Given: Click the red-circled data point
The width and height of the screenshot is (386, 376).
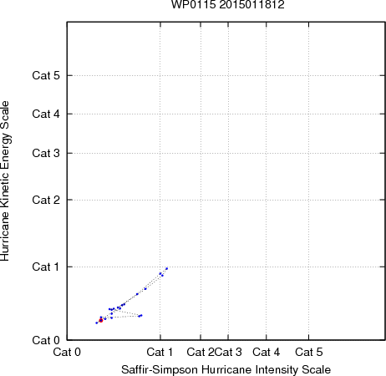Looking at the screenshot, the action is pos(101,321).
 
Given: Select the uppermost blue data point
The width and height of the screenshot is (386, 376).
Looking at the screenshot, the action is pos(166,268).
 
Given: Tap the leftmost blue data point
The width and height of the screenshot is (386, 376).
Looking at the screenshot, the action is pos(97,323).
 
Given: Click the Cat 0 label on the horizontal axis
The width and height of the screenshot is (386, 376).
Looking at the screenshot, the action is pos(67,352).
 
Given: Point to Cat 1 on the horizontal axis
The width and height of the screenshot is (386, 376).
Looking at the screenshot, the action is pos(160,352).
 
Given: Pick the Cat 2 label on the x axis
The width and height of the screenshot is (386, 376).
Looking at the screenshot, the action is pos(201,352).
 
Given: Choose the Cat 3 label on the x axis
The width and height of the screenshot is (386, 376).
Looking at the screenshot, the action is pos(228,352).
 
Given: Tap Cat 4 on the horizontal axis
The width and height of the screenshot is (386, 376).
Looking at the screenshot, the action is pos(267,352).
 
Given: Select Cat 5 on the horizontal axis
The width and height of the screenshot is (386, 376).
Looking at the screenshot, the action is pos(309,352).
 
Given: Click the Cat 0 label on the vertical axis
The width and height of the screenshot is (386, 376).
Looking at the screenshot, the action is pos(46,340).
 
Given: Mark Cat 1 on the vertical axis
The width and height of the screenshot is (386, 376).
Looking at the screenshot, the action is pos(45,267).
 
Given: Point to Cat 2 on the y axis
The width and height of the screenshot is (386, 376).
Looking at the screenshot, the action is pos(46,200).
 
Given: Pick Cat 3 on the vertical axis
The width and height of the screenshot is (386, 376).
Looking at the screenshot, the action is pos(46,153).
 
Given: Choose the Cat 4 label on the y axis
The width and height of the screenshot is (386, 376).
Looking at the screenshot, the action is pos(46,114).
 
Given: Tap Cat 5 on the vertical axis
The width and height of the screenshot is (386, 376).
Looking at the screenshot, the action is pos(46,75).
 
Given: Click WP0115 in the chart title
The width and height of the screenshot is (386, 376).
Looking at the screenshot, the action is pos(194,4).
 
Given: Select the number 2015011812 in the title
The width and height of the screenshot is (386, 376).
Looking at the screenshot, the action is pos(251,4).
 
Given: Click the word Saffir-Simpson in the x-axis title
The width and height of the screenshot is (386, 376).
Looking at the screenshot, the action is pos(160,370).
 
